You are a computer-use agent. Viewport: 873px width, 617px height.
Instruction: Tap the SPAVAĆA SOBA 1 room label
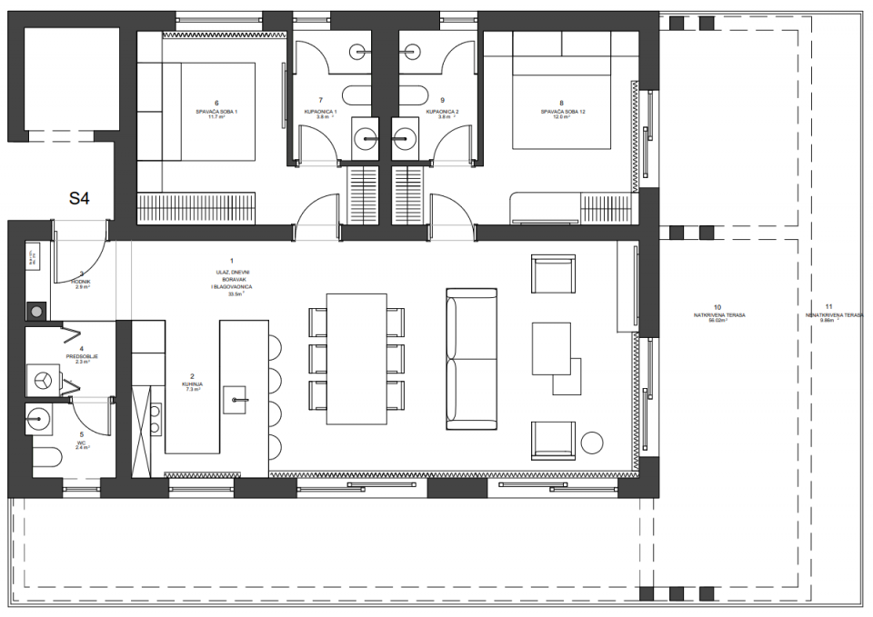[216, 111]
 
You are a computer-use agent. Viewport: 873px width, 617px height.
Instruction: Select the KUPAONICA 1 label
[320, 111]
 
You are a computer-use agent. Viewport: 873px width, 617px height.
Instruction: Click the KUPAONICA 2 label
[442, 111]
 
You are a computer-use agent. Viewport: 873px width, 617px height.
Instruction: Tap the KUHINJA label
[192, 385]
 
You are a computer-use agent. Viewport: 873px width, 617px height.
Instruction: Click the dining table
[356, 357]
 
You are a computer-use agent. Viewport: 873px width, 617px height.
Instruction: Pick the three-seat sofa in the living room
[472, 359]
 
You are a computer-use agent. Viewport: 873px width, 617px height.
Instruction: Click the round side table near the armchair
[593, 443]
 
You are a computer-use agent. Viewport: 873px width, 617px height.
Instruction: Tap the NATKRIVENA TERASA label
[718, 314]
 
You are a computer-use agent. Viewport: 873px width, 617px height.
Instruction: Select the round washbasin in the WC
[39, 420]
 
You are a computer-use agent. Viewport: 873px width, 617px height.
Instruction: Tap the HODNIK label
[81, 282]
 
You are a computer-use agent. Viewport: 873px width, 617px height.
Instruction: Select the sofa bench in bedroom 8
[544, 207]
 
